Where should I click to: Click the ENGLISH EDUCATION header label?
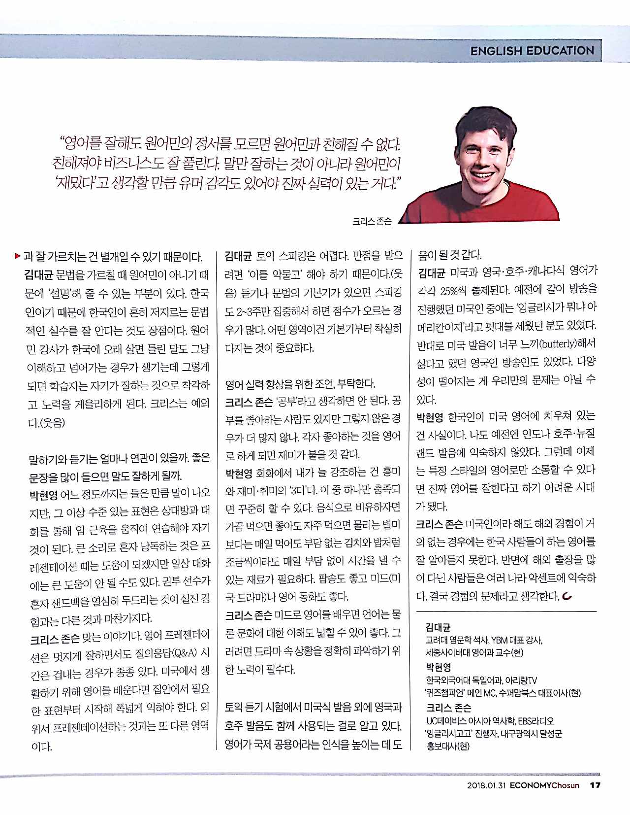click(532, 51)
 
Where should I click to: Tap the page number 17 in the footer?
click(595, 785)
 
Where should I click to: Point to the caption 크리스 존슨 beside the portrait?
click(372, 222)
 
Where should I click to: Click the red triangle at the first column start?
click(18, 256)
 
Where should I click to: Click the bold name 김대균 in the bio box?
click(438, 627)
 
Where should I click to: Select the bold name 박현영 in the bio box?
click(438, 667)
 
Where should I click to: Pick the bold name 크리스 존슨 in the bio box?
click(448, 708)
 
